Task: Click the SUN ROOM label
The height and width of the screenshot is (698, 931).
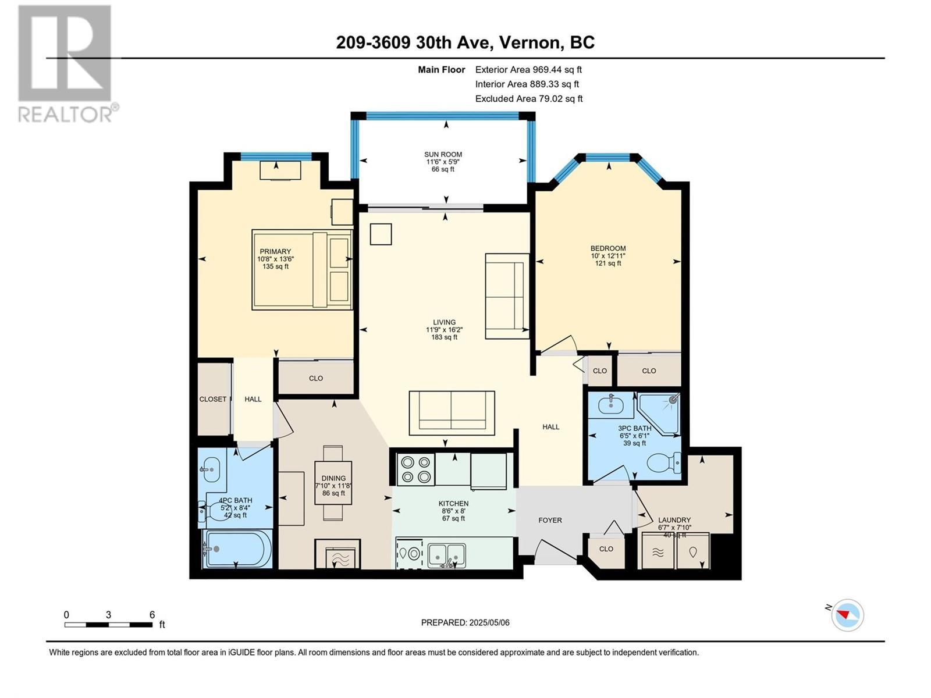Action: pyautogui.click(x=443, y=155)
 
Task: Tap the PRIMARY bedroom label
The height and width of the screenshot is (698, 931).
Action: pyautogui.click(x=275, y=252)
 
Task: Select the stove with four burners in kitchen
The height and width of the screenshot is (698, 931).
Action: pyautogui.click(x=415, y=469)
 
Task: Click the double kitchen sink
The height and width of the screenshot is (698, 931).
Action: pyautogui.click(x=447, y=555)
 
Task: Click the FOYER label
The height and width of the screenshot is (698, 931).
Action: pyautogui.click(x=550, y=520)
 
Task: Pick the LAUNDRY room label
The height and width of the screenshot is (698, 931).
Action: pyautogui.click(x=674, y=520)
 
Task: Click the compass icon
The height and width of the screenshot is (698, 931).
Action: pyautogui.click(x=847, y=615)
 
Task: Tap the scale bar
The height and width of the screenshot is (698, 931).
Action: pyautogui.click(x=109, y=624)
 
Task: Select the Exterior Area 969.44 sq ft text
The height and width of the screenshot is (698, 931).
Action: pyautogui.click(x=528, y=70)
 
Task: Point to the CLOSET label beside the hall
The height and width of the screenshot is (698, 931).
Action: pyautogui.click(x=213, y=399)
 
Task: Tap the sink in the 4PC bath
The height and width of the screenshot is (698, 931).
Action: pyautogui.click(x=211, y=469)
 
